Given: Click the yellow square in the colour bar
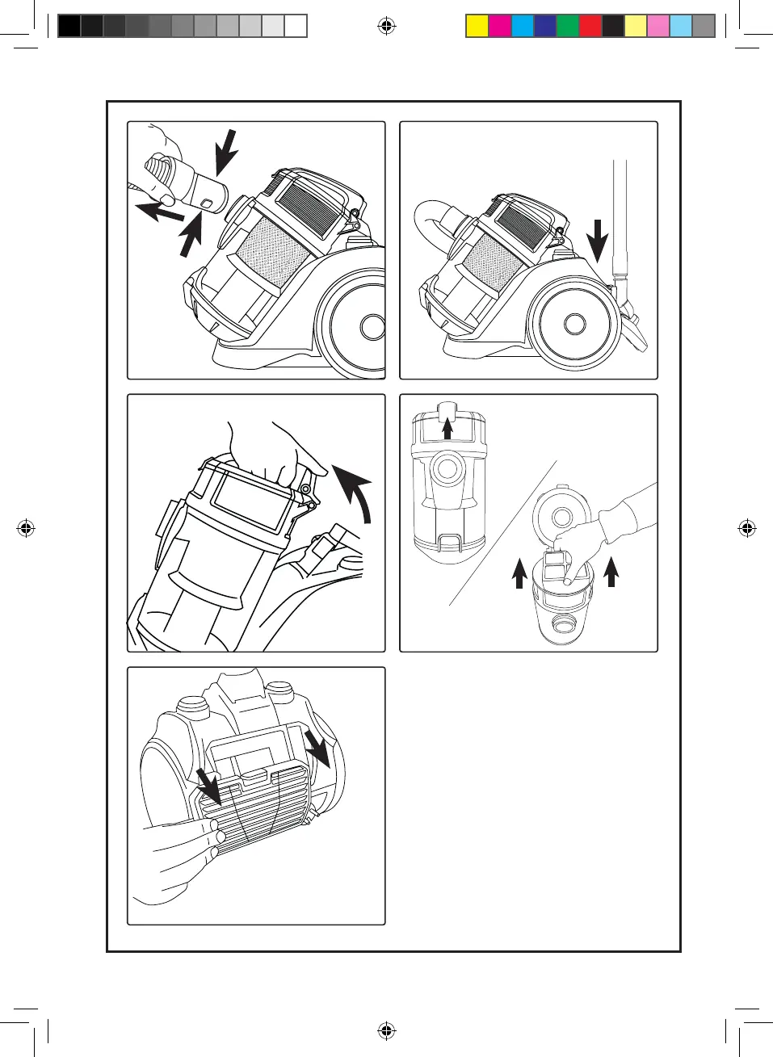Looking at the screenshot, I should [477, 27].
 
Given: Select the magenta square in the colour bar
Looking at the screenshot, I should [500, 27].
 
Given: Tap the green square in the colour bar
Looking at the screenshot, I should [568, 27].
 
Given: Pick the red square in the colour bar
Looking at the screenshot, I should [590, 27].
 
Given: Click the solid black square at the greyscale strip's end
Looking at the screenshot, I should [69, 27].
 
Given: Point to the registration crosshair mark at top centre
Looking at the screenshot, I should [387, 27].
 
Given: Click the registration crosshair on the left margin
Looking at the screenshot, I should [26, 529].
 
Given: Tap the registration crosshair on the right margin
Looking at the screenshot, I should [747, 529].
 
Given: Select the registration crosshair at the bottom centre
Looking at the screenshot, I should [387, 1030].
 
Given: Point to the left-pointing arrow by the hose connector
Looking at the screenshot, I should [159, 213].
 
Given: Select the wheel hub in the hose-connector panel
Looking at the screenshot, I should [373, 327].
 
